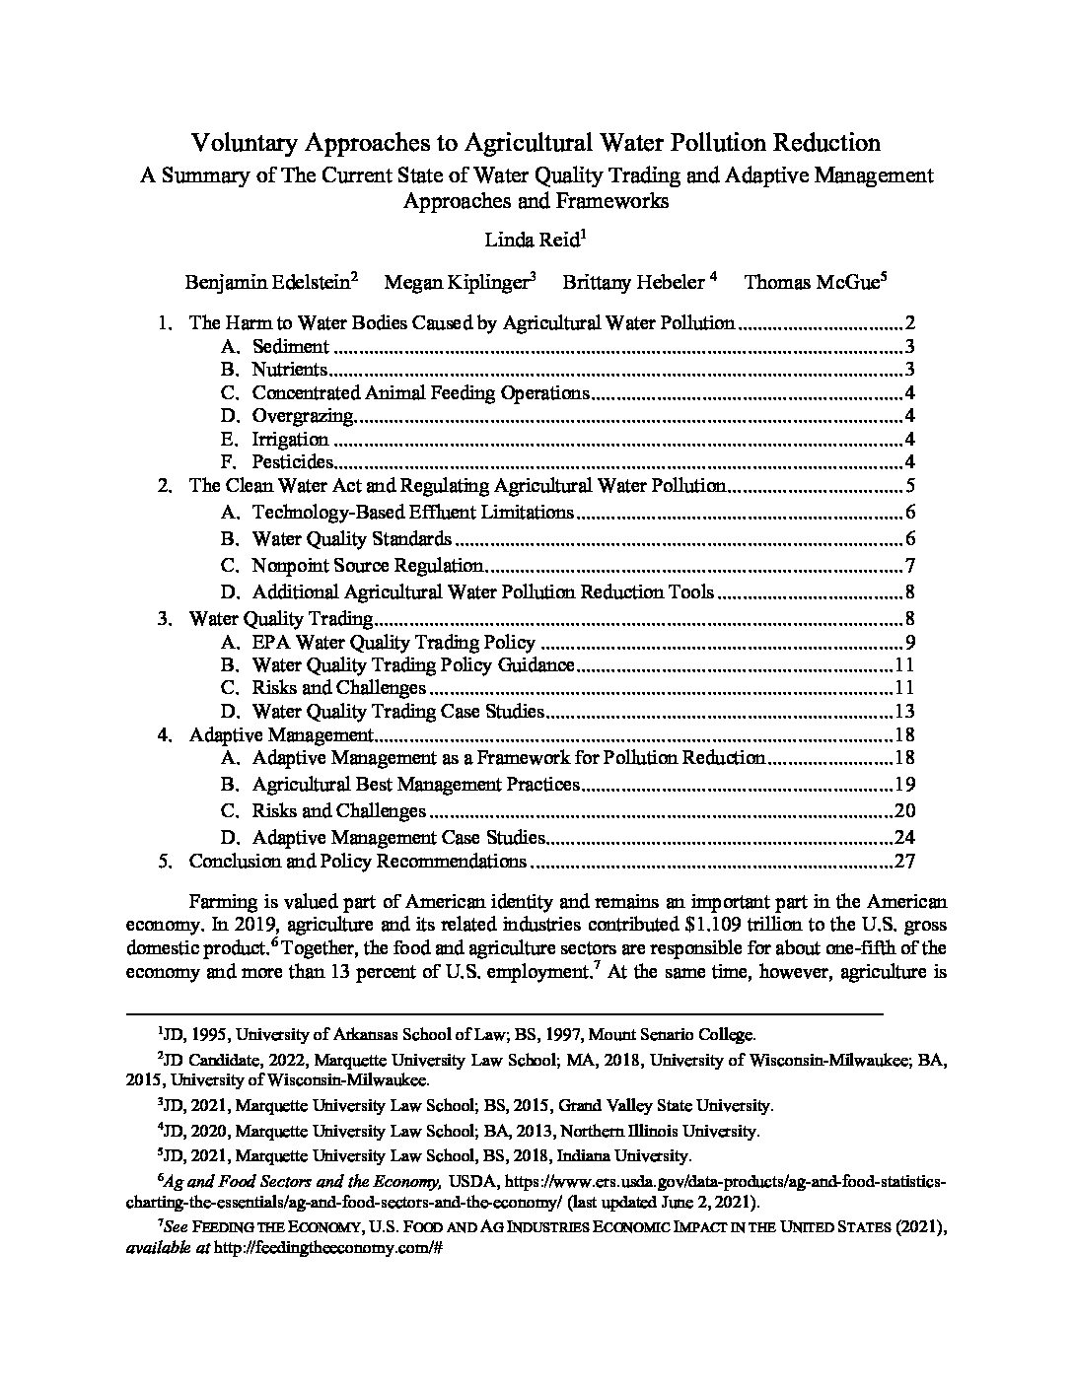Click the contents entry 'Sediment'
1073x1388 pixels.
290,346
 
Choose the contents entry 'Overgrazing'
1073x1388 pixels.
302,416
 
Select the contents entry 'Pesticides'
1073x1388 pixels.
293,462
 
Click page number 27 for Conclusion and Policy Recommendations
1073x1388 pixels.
904,862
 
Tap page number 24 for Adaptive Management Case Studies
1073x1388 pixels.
904,838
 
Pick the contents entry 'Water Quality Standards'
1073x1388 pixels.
351,539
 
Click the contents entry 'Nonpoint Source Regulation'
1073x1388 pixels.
367,566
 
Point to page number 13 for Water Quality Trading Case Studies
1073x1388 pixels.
904,712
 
